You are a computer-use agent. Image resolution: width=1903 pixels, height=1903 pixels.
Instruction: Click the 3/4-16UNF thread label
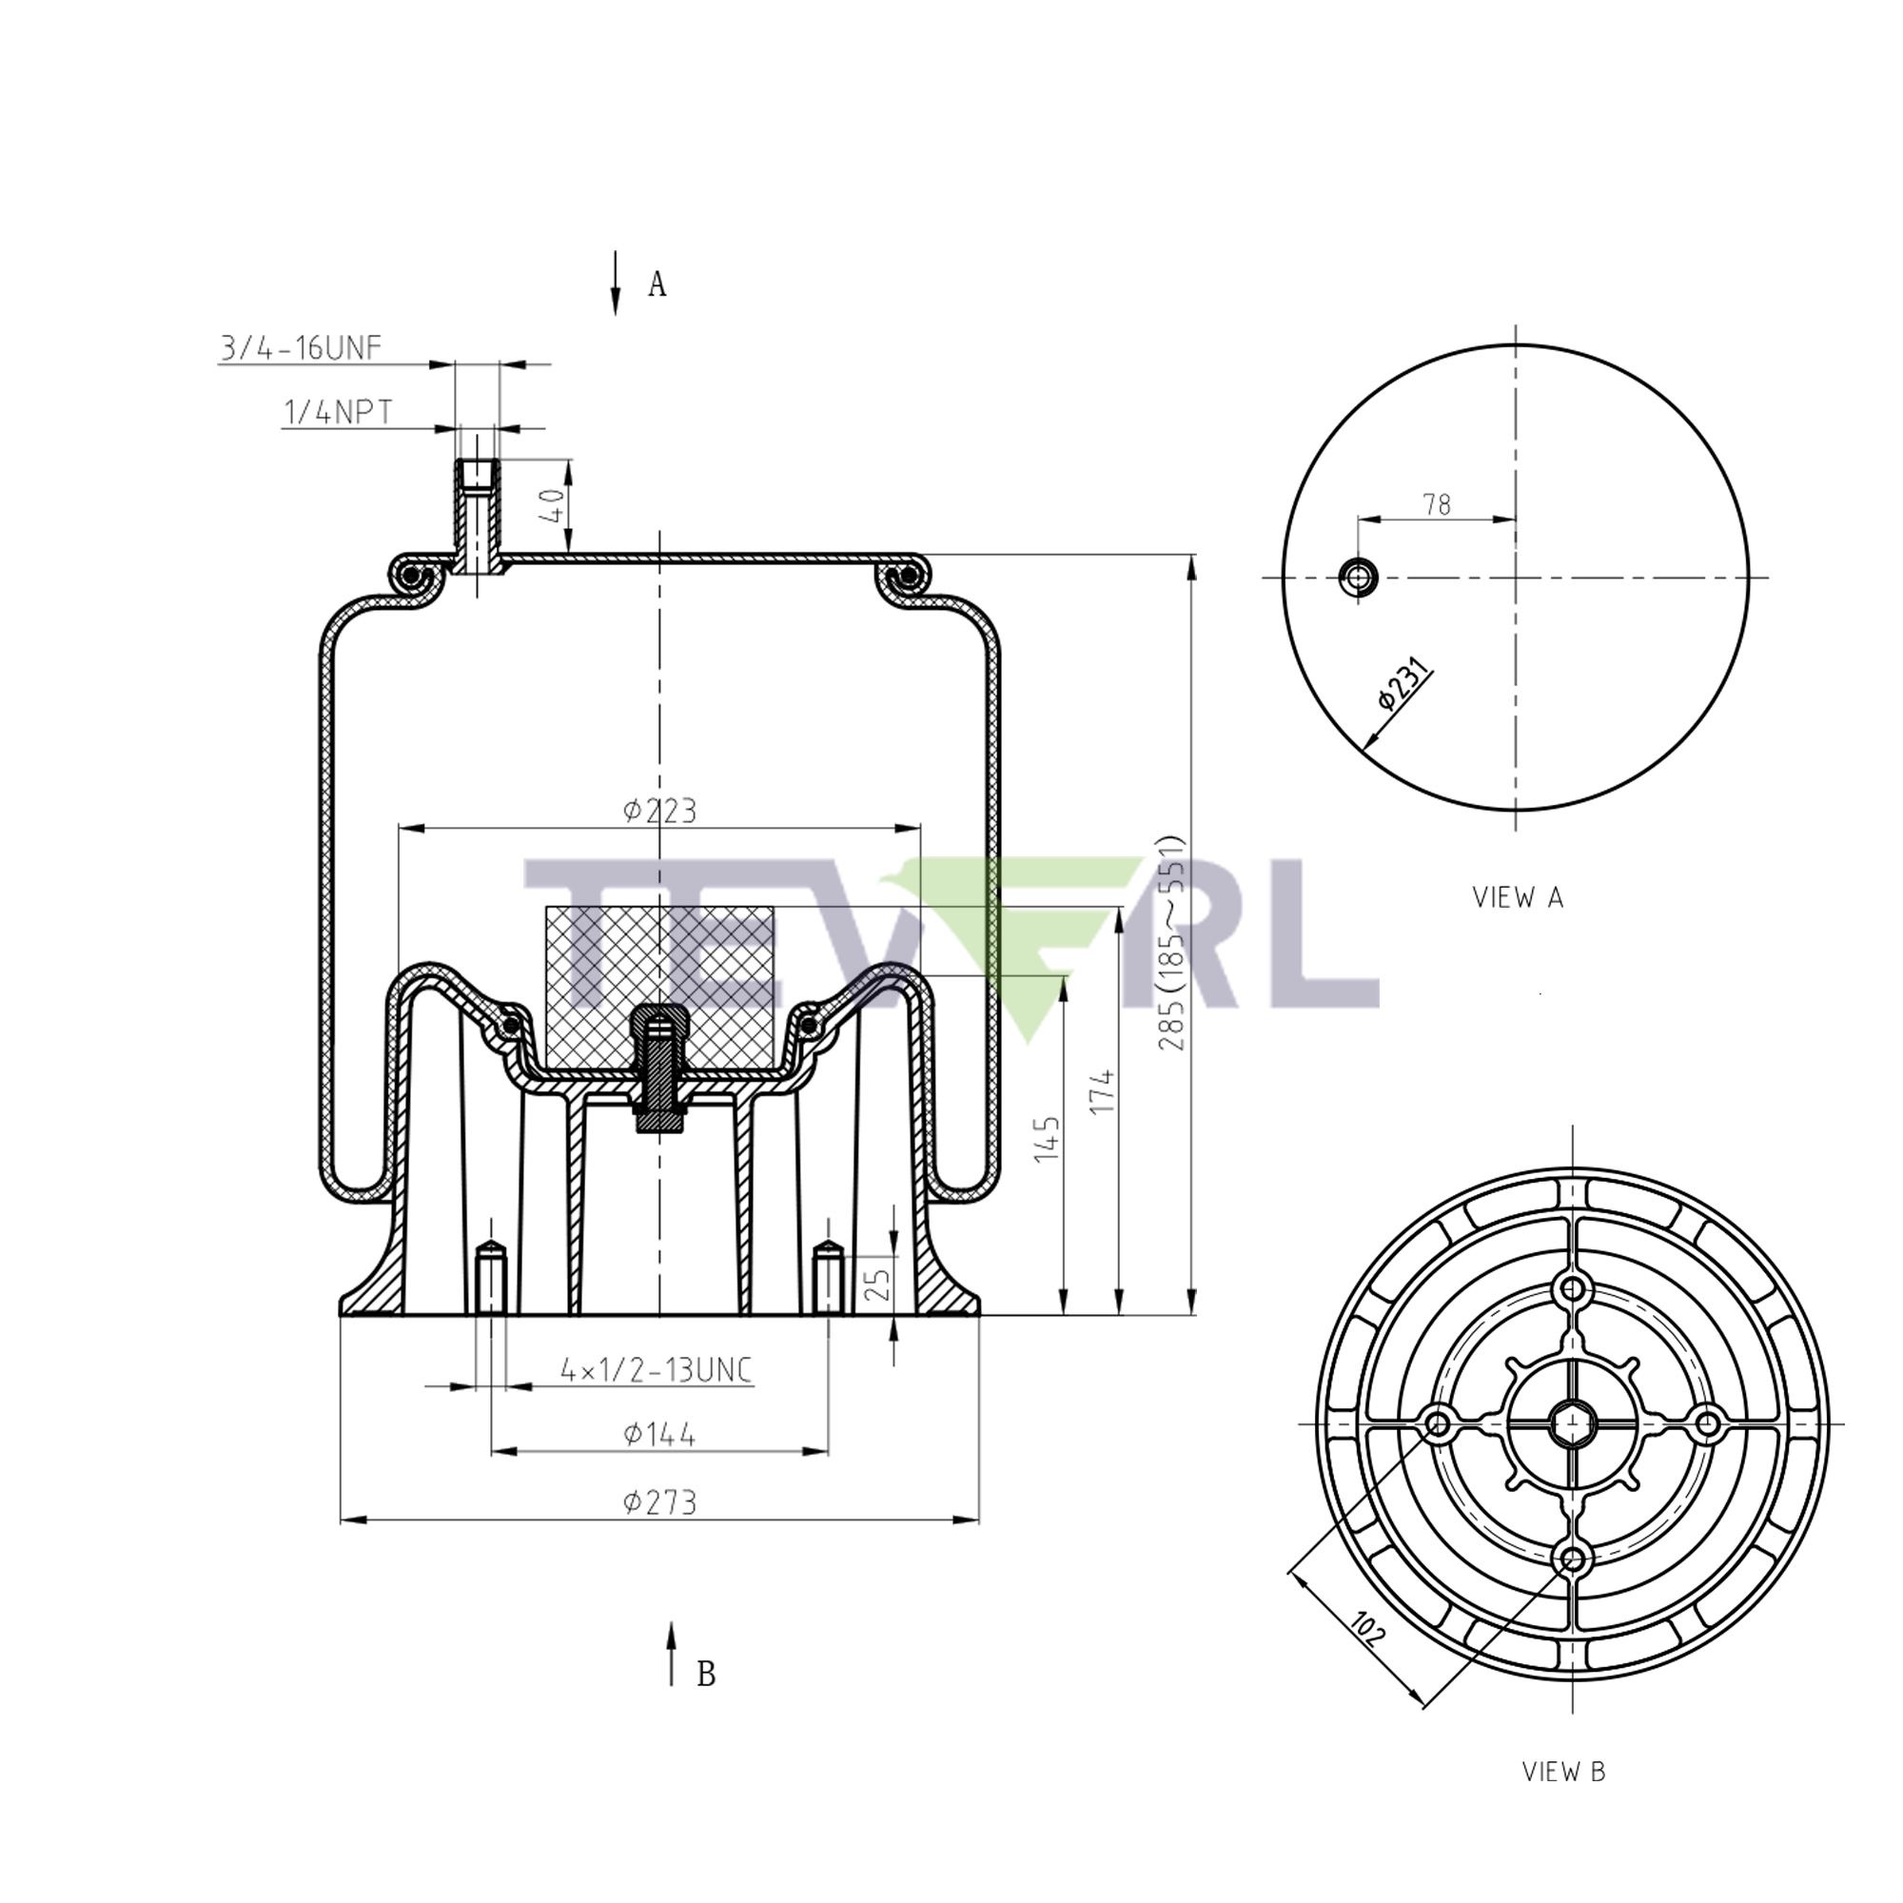301,347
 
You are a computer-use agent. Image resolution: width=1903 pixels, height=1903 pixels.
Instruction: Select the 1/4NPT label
338,412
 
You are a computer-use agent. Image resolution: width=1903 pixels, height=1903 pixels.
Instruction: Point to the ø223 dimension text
659,811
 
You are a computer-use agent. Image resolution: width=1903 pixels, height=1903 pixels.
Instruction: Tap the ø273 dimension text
659,1502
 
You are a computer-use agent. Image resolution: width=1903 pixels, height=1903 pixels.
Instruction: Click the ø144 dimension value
659,1434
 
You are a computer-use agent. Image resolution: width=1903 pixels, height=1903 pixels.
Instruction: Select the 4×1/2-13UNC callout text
655,1369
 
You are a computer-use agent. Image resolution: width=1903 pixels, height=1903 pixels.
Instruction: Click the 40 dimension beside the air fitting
555,505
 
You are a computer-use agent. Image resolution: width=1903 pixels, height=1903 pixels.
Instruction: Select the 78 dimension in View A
1436,504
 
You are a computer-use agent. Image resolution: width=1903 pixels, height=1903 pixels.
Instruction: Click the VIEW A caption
1517,897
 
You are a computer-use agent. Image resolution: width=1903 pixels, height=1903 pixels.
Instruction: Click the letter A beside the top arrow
657,284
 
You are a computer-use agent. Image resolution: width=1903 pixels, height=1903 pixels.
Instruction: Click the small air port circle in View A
1360,577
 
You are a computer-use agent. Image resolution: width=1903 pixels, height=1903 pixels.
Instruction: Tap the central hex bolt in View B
1572,1422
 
